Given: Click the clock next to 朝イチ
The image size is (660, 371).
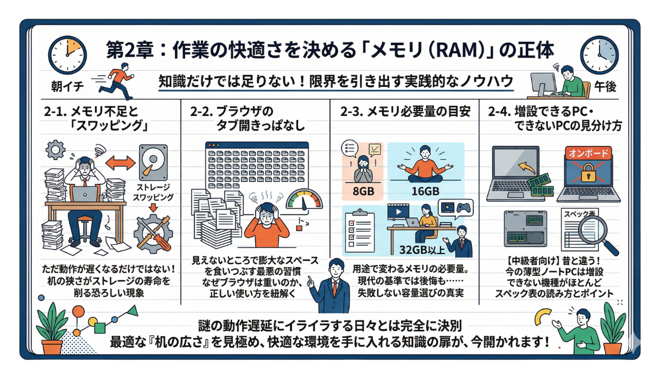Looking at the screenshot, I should point(66,54).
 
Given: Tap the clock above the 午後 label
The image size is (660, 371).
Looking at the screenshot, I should point(600,55).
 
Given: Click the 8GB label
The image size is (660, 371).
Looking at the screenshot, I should point(358,191).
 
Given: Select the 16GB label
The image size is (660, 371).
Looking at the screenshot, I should point(425,191).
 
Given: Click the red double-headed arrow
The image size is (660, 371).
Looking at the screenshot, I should point(120,163).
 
